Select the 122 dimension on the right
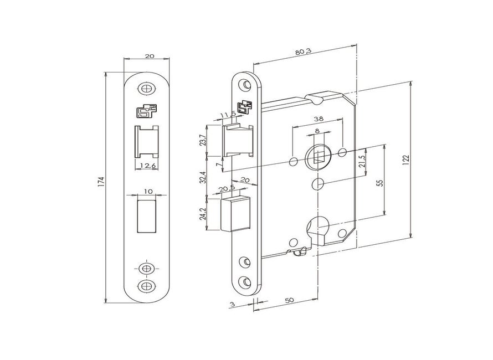[x=406, y=159]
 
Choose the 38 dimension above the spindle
[x=318, y=119]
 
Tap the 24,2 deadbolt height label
[x=203, y=213]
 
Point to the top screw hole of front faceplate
[x=146, y=88]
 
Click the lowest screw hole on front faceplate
[x=146, y=286]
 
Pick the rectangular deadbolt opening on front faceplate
[x=146, y=216]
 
